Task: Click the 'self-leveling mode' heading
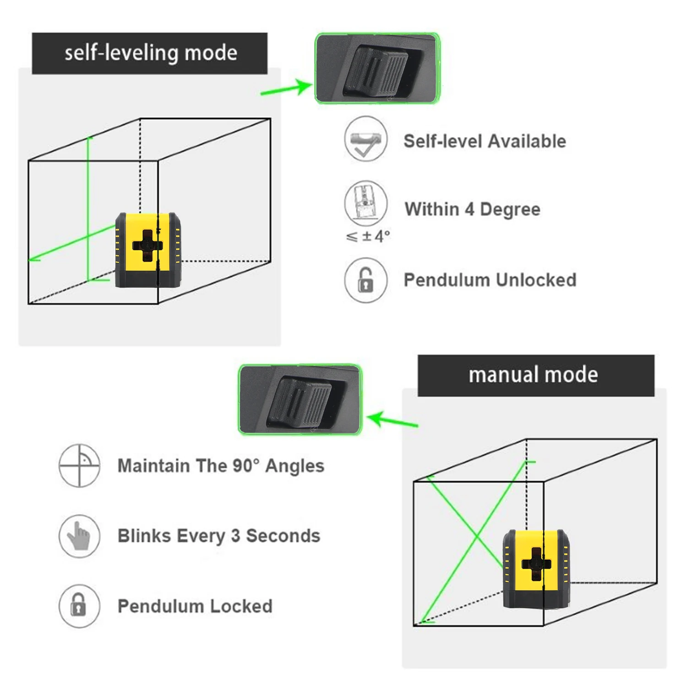pos(150,53)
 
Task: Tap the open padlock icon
pos(365,280)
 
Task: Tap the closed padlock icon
pos(79,605)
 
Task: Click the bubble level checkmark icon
pos(365,139)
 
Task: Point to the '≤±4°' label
pos(368,236)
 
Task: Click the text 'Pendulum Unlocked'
pos(490,280)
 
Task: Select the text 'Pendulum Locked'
pos(195,606)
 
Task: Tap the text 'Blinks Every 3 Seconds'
pos(219,536)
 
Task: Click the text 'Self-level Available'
pos(485,141)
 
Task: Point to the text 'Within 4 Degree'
pos(472,209)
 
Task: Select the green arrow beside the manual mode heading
pos(393,420)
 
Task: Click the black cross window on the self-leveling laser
pos(147,245)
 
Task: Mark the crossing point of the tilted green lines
pos(477,536)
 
